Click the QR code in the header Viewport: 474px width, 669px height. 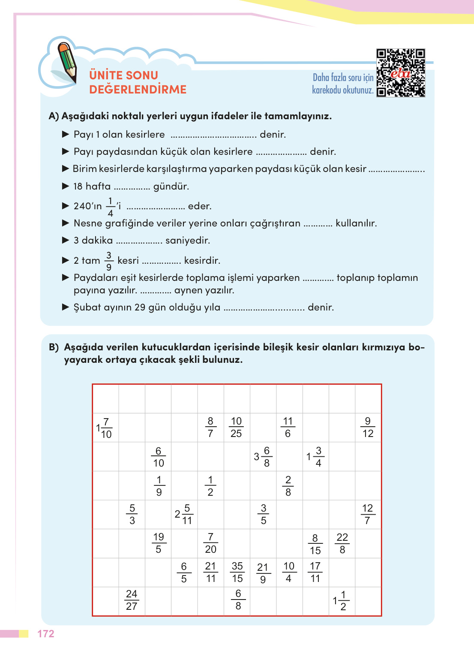coord(400,73)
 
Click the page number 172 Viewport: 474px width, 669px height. coord(46,634)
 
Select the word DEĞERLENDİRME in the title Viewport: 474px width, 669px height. coord(138,90)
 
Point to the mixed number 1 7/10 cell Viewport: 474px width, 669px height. coord(104,428)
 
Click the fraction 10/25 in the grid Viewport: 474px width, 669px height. coord(236,428)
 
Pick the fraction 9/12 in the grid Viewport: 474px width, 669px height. coord(368,428)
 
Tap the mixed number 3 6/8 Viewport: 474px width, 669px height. coord(263,457)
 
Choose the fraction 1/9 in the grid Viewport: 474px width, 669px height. coord(159,486)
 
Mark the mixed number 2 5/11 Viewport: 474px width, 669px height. coord(184,515)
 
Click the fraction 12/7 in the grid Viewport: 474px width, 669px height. coord(368,515)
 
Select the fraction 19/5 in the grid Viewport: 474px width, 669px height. coord(159,543)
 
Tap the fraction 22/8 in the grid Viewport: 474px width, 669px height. coord(342,543)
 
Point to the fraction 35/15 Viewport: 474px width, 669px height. coord(237,573)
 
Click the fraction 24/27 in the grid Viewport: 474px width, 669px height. coord(132,600)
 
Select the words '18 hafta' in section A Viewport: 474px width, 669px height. coord(92,187)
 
